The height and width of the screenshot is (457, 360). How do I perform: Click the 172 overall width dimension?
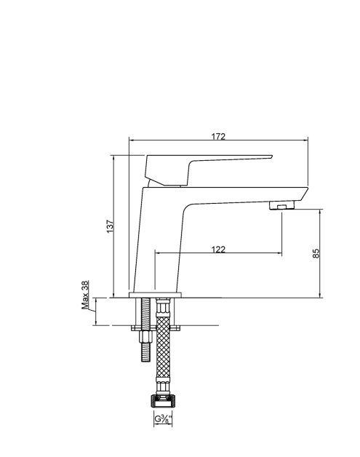[x=218, y=136]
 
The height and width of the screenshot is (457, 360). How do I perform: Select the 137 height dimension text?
[x=110, y=226]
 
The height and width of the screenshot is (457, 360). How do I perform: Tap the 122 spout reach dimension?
[x=218, y=250]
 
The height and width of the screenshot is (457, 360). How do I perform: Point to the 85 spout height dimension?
[x=316, y=253]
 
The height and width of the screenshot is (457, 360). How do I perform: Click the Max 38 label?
[x=85, y=295]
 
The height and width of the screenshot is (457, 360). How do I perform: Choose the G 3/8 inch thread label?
[x=163, y=419]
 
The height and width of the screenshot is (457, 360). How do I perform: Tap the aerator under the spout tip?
[x=281, y=205]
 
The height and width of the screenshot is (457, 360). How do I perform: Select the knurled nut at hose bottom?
[x=163, y=402]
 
